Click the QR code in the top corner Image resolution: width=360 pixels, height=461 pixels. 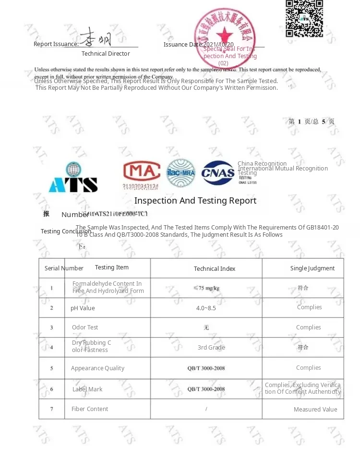click(304, 18)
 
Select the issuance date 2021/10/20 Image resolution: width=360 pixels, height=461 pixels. click(219, 45)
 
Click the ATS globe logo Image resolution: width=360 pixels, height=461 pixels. click(73, 178)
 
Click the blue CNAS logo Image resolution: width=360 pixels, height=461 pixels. click(218, 173)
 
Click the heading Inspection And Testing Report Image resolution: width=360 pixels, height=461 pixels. click(195, 201)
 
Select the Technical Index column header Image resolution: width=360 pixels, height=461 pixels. click(215, 269)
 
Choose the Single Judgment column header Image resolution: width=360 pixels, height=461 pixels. click(312, 268)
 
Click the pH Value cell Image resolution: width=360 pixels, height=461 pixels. click(83, 308)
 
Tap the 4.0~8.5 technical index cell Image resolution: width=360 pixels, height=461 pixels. click(206, 308)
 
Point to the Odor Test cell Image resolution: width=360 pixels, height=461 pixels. click(85, 328)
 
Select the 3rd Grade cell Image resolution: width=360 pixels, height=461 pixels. click(211, 348)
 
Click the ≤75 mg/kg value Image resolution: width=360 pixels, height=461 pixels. click(206, 288)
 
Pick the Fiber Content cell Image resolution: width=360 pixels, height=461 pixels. click(90, 409)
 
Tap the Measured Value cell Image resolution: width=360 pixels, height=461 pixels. click(315, 410)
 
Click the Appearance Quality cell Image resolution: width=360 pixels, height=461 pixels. click(97, 368)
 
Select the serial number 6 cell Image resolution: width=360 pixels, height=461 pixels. click(52, 389)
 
